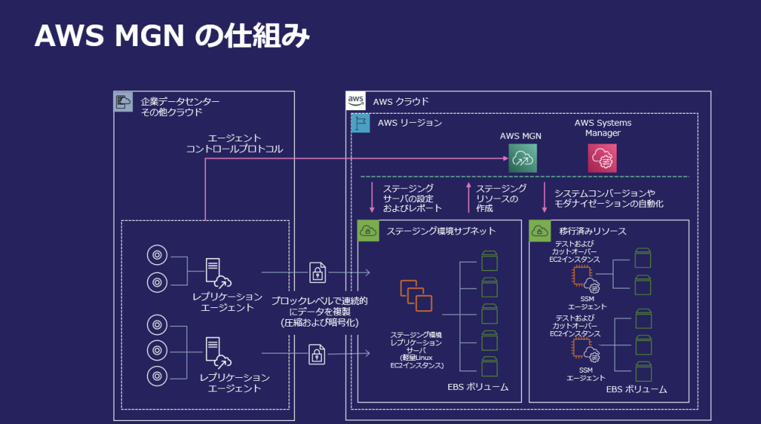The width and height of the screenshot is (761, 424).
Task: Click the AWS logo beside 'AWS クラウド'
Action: (x=355, y=101)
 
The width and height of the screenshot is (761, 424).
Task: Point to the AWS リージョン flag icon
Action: (x=360, y=123)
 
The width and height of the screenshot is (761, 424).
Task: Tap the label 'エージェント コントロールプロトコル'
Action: (x=234, y=144)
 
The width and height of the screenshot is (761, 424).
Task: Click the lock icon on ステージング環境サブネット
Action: (x=368, y=231)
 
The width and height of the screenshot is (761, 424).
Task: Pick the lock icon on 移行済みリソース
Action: (x=540, y=231)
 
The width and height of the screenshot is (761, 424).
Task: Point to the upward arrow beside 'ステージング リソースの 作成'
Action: (x=468, y=198)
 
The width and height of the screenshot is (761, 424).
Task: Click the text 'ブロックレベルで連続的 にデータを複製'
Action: (x=320, y=306)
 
